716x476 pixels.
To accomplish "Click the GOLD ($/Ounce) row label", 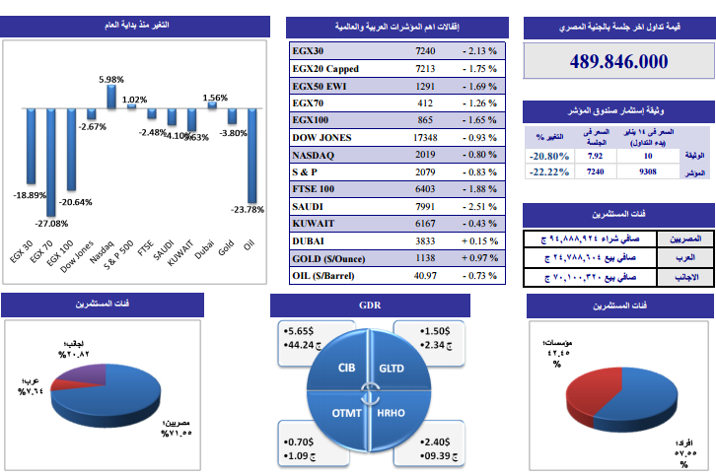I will point(332,258).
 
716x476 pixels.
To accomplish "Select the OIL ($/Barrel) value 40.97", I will point(425,276).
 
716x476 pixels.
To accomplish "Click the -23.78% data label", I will point(247,209).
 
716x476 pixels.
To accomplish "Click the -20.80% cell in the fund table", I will point(547,156).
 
